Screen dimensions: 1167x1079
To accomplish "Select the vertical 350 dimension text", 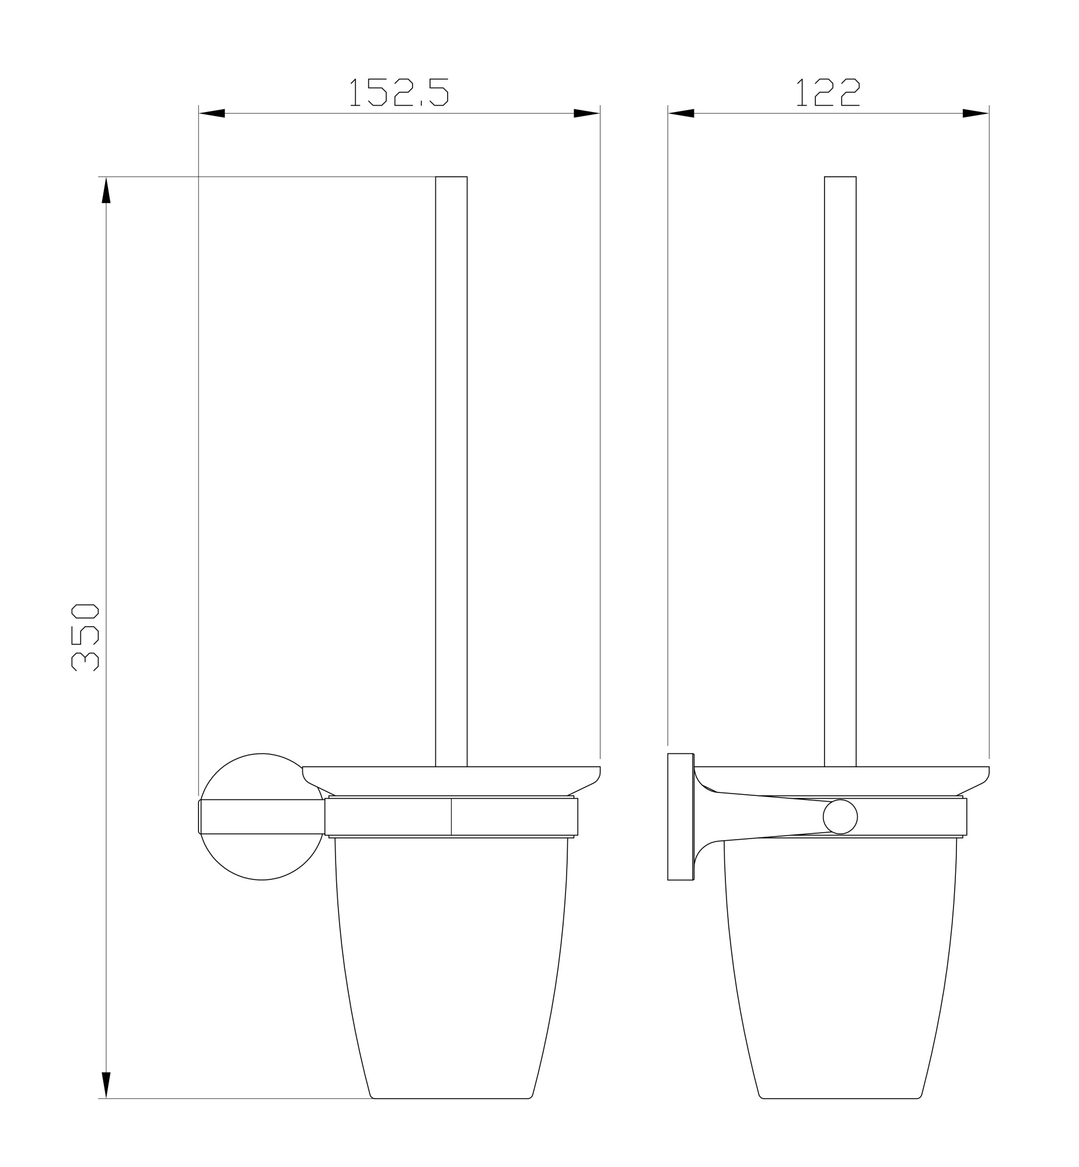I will tap(85, 638).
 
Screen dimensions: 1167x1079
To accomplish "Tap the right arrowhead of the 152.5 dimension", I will tap(586, 113).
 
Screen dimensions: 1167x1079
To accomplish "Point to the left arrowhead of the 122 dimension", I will tap(682, 113).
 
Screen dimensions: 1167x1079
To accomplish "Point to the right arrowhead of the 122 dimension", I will tap(975, 113).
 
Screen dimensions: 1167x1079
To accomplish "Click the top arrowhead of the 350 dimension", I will tap(106, 191).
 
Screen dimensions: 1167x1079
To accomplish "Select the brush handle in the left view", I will tap(451, 467).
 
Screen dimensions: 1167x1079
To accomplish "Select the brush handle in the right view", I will tap(840, 467).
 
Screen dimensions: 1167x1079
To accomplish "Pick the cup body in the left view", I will tap(451, 963).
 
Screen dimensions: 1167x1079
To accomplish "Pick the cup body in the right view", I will tap(840, 963).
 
